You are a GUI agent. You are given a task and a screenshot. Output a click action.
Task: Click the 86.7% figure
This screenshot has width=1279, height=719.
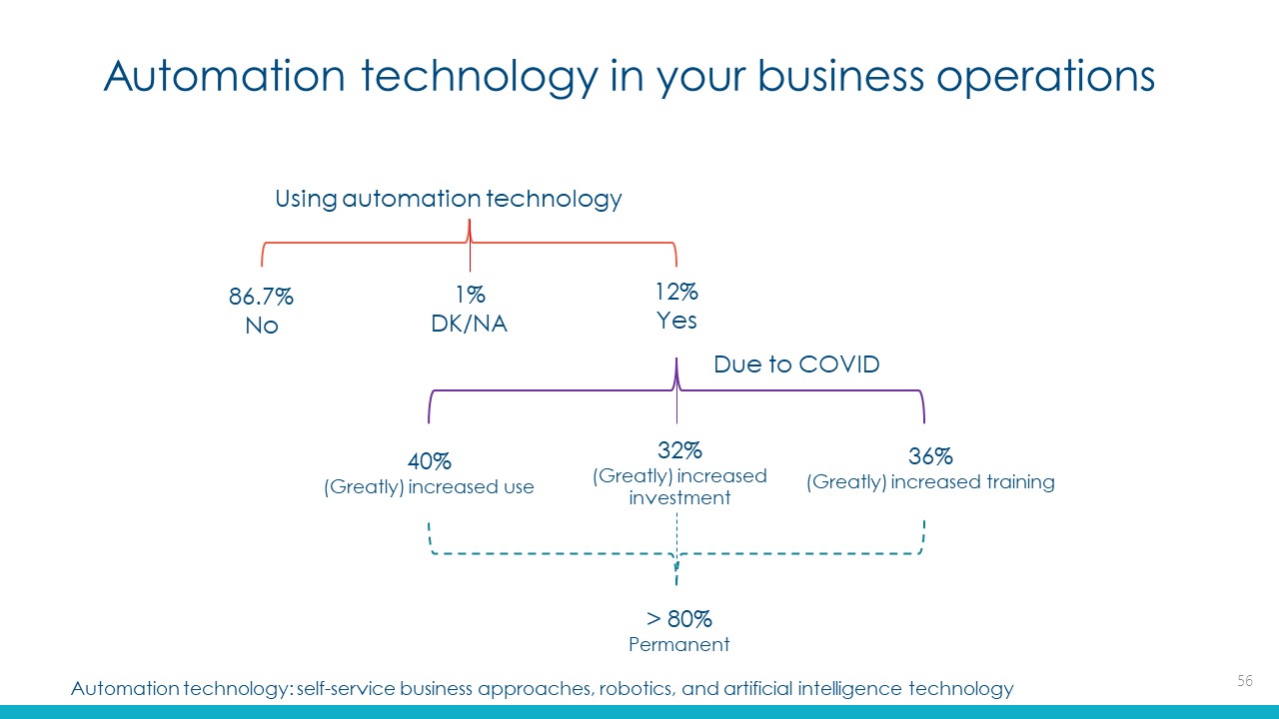(x=261, y=297)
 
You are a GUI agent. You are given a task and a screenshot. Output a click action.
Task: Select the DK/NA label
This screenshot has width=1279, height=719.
(x=469, y=324)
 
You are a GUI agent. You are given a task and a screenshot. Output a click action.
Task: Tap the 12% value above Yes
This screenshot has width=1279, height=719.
(x=676, y=292)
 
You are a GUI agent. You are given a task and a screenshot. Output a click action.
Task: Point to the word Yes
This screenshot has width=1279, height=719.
(x=676, y=321)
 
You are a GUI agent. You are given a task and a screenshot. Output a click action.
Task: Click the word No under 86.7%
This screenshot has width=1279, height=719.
(x=262, y=326)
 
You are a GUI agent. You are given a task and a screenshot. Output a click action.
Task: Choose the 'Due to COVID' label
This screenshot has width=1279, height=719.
(x=796, y=364)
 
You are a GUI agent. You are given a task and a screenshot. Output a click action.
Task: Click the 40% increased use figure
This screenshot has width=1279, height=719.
(x=430, y=461)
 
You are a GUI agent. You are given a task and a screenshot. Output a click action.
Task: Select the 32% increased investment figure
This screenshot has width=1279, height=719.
(x=679, y=450)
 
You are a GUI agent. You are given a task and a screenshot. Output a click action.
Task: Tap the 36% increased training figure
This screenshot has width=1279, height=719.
(x=930, y=456)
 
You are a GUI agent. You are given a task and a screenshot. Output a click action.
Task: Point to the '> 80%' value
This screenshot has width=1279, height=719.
(x=678, y=618)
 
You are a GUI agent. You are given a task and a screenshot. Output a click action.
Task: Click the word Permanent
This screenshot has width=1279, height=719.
(x=678, y=645)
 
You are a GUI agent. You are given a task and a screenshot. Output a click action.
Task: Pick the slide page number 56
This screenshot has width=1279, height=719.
(x=1245, y=681)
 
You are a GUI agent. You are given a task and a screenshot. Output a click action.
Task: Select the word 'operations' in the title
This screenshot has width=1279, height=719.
(x=1045, y=77)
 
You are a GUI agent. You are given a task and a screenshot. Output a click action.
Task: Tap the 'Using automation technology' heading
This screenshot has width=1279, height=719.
(x=449, y=199)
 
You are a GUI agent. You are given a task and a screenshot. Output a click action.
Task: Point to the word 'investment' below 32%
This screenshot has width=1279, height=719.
(x=679, y=498)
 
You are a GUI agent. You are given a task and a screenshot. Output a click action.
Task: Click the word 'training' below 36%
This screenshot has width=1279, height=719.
(x=1020, y=482)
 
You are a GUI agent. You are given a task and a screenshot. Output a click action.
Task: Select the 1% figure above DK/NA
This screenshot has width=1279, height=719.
(x=470, y=295)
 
